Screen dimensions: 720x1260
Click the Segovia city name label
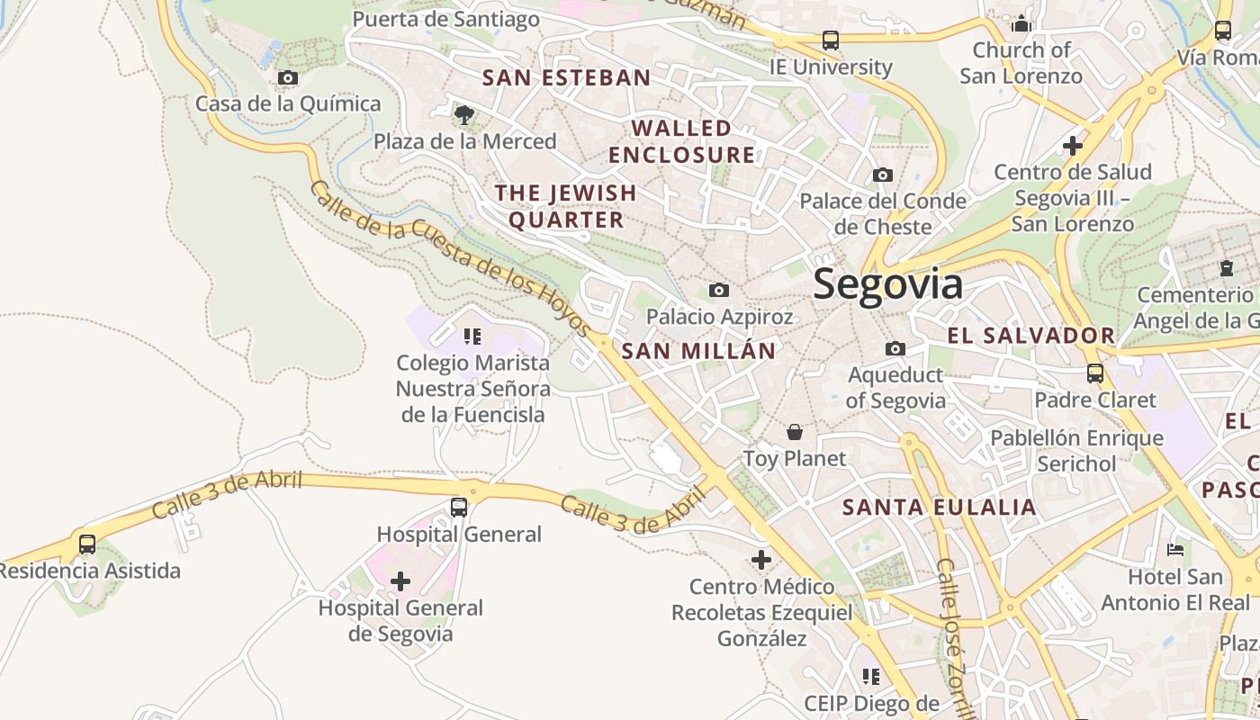pos(887,284)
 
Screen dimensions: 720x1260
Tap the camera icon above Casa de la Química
pos(288,78)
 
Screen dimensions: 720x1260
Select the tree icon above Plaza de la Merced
pos(464,114)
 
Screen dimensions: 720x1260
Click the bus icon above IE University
pos(830,40)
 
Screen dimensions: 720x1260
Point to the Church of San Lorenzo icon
pos(1021,23)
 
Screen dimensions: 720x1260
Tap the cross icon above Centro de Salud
pos(1072,145)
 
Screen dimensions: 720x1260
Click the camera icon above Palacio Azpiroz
pos(718,290)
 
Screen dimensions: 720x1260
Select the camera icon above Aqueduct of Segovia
pos(895,348)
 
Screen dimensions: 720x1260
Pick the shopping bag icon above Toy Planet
pos(794,432)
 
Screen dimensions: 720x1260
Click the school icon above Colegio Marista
pos(472,337)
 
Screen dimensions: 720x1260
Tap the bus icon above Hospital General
pos(459,508)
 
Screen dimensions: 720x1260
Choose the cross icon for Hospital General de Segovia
pos(400,581)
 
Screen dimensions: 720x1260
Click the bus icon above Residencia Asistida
pos(87,544)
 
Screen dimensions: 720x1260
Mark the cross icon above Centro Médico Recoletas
pos(761,560)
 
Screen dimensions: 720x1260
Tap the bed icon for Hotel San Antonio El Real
pos(1174,549)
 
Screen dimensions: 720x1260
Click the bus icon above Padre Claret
pos(1094,373)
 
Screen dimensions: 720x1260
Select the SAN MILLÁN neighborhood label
pos(698,351)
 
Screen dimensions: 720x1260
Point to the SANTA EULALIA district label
pos(939,507)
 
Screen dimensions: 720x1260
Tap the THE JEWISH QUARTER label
pos(566,206)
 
